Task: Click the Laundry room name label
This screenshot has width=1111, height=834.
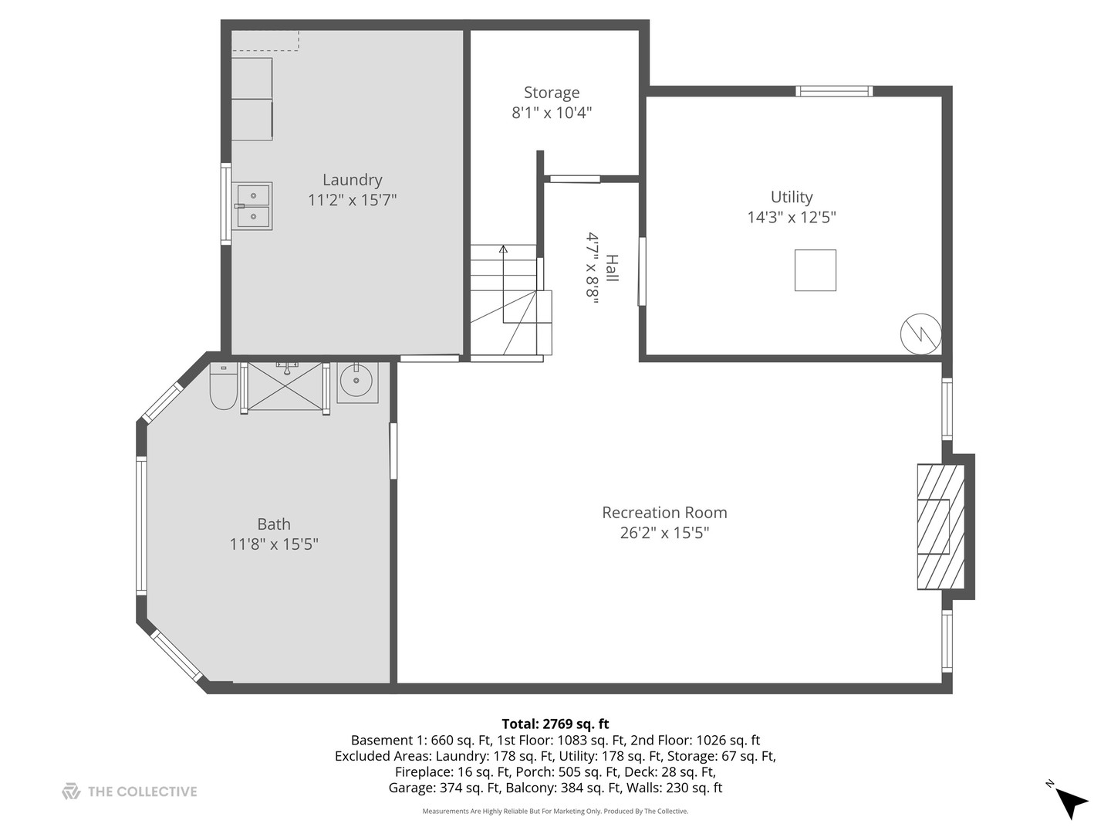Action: pyautogui.click(x=353, y=180)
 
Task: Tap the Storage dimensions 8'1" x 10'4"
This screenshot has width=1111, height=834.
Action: pyautogui.click(x=552, y=113)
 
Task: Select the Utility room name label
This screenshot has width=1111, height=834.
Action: pyautogui.click(x=792, y=197)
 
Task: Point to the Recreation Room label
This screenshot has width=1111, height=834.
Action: pyautogui.click(x=664, y=513)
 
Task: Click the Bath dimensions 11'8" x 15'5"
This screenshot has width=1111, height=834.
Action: pyautogui.click(x=274, y=544)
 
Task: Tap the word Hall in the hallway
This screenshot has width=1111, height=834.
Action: pyautogui.click(x=612, y=268)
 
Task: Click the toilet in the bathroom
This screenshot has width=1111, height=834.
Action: pyautogui.click(x=223, y=385)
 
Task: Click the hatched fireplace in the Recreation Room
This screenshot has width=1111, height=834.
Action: pyautogui.click(x=940, y=527)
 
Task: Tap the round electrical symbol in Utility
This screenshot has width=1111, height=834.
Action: pyautogui.click(x=920, y=334)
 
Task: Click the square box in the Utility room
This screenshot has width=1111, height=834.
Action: pyautogui.click(x=815, y=270)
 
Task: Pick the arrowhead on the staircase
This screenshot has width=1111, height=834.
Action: pyautogui.click(x=503, y=249)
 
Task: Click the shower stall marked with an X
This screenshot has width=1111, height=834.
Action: pyautogui.click(x=285, y=386)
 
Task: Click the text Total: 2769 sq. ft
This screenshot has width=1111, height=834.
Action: pyautogui.click(x=555, y=724)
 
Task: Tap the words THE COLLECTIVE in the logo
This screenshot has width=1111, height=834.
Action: pyautogui.click(x=142, y=792)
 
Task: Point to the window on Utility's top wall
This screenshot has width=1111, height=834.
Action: pyautogui.click(x=833, y=91)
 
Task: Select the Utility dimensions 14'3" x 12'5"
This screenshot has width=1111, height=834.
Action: pyautogui.click(x=792, y=217)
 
